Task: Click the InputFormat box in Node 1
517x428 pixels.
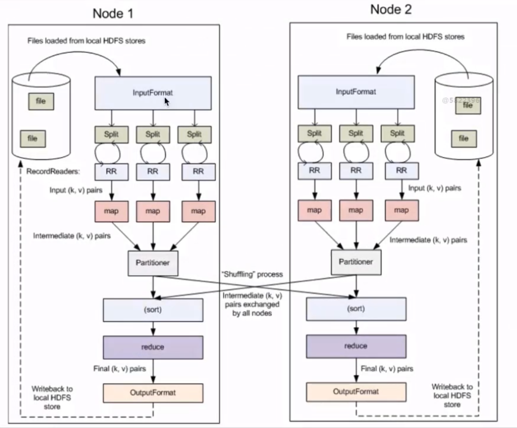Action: point(153,93)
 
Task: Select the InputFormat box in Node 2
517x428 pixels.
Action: point(356,92)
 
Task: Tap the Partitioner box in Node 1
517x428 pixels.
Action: point(153,263)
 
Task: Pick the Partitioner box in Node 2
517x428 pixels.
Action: point(356,262)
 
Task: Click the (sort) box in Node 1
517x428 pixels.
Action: point(153,310)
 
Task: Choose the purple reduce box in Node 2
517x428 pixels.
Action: point(356,346)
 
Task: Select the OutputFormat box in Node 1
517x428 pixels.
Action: point(153,393)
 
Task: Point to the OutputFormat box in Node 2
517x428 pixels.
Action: point(356,392)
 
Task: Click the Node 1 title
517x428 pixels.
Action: point(113,14)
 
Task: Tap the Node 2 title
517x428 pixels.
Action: point(391,9)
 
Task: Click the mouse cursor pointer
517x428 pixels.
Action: point(167,102)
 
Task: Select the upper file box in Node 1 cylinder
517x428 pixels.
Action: point(41,101)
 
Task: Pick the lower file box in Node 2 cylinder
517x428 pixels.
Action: point(464,139)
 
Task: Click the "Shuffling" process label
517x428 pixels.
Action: point(252,274)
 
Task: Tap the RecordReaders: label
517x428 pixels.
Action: point(53,172)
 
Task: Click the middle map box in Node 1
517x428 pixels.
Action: point(153,211)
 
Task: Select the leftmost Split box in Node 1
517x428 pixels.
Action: point(111,134)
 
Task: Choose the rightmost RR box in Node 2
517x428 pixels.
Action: point(401,170)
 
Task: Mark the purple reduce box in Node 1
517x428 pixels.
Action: point(153,347)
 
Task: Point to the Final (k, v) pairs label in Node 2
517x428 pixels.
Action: point(387,369)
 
